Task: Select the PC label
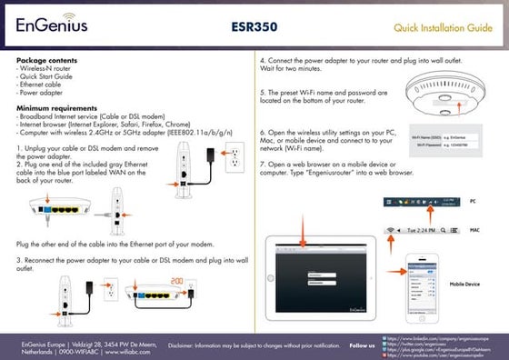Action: pos(473,200)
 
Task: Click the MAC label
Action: pos(474,230)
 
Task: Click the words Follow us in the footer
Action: pos(363,345)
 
